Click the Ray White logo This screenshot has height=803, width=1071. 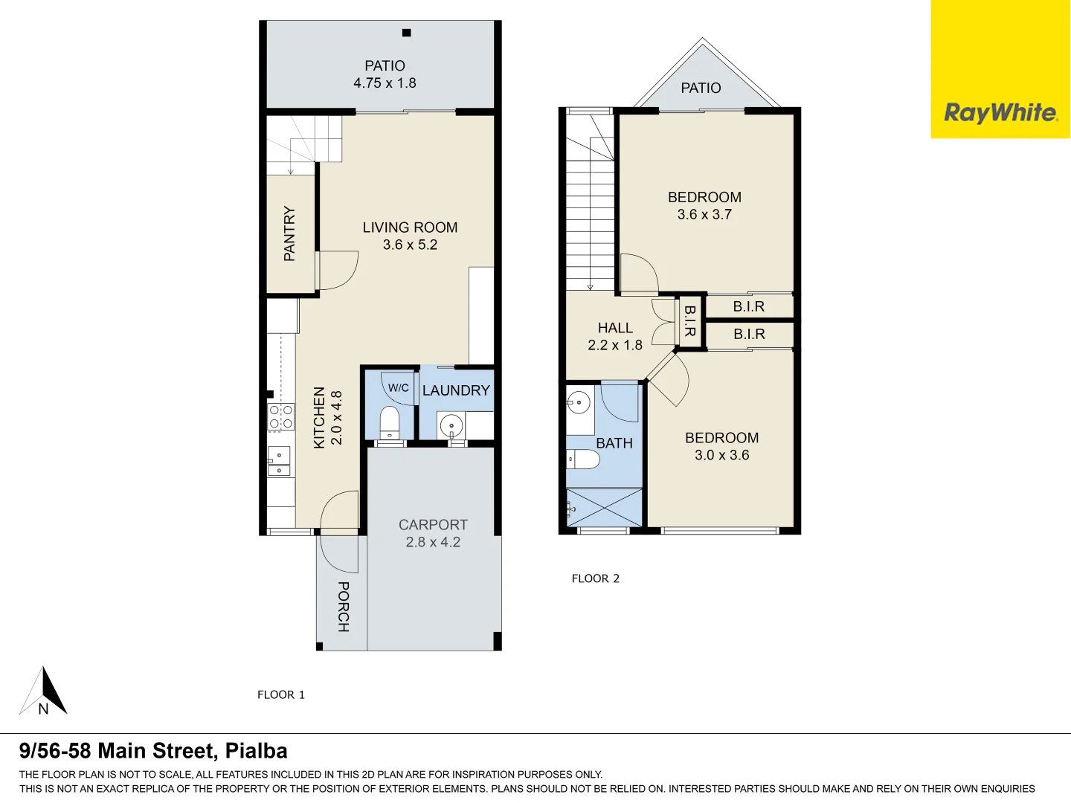[x=1000, y=113]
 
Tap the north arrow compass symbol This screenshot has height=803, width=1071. [x=44, y=692]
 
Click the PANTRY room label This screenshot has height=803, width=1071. [x=289, y=233]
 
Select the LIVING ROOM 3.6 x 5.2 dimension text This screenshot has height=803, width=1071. [x=410, y=245]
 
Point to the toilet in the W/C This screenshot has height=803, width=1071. [x=390, y=422]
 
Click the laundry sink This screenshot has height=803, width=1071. [x=451, y=426]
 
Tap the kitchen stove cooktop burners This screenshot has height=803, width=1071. [x=280, y=417]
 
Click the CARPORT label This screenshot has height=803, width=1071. [x=433, y=525]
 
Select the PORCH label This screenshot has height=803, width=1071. [x=343, y=607]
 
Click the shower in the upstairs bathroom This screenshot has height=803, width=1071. [x=604, y=508]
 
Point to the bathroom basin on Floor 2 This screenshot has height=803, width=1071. [x=579, y=403]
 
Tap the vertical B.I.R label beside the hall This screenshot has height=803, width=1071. [x=689, y=321]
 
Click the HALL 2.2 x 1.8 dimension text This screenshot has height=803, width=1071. [x=615, y=345]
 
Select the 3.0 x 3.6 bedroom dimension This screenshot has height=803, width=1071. [x=721, y=455]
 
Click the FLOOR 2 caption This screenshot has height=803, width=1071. [x=595, y=578]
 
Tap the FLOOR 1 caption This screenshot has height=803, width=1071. [x=281, y=694]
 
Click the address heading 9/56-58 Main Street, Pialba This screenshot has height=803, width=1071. [x=153, y=751]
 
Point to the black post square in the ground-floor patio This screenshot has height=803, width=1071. [x=407, y=33]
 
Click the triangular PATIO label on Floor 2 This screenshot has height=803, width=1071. [x=701, y=88]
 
